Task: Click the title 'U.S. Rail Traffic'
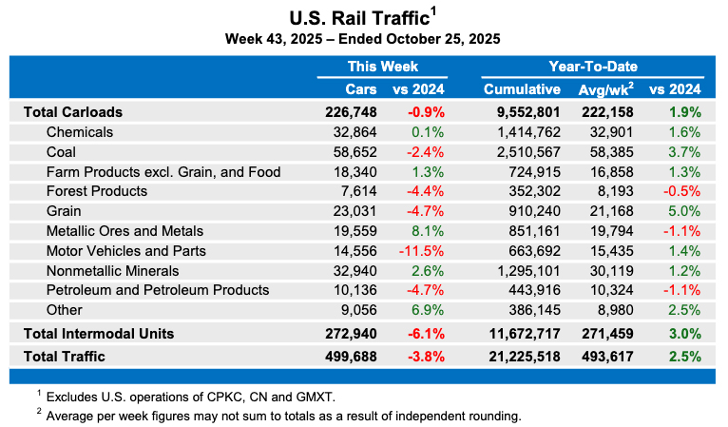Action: (357, 17)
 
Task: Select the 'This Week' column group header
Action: (382, 67)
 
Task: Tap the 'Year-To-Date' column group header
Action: (592, 67)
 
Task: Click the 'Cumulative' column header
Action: (522, 89)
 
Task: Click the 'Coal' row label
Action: (61, 151)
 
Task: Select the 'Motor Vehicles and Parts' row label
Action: (125, 251)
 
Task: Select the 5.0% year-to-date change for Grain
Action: (683, 211)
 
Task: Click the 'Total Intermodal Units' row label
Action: (98, 334)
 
